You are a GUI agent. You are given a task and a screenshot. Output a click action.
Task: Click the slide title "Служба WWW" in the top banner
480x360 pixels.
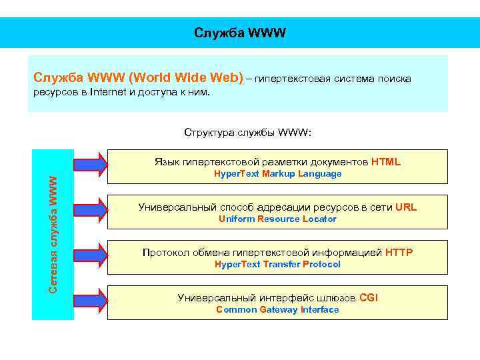tap(240, 33)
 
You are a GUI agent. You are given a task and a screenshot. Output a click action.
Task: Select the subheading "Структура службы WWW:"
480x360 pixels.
tap(247, 132)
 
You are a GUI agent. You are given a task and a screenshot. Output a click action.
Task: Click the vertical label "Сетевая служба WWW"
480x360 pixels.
tap(53, 233)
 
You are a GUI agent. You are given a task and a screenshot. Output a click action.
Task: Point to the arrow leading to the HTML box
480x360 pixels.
tap(89, 163)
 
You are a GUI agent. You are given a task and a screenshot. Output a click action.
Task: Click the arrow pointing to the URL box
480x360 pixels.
tap(89, 209)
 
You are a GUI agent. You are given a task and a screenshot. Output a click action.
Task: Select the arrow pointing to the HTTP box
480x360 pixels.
tap(89, 254)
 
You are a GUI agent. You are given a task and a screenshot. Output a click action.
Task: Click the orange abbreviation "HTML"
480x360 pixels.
tap(386, 161)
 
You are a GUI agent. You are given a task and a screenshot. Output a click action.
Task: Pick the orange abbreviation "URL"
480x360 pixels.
tap(405, 207)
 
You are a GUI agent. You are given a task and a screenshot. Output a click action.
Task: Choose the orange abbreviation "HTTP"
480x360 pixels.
tap(399, 252)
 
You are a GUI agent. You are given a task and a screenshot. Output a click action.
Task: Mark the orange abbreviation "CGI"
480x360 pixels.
tap(369, 297)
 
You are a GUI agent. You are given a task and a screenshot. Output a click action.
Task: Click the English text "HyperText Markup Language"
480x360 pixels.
tap(277, 174)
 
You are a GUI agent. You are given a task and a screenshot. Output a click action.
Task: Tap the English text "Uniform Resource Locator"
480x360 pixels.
tap(277, 219)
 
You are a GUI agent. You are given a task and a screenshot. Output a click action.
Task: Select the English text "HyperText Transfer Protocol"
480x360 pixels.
tap(277, 265)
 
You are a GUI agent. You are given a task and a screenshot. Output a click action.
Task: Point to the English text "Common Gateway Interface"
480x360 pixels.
tap(277, 310)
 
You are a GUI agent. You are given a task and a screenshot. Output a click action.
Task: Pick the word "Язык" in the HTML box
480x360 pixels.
tap(167, 162)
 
